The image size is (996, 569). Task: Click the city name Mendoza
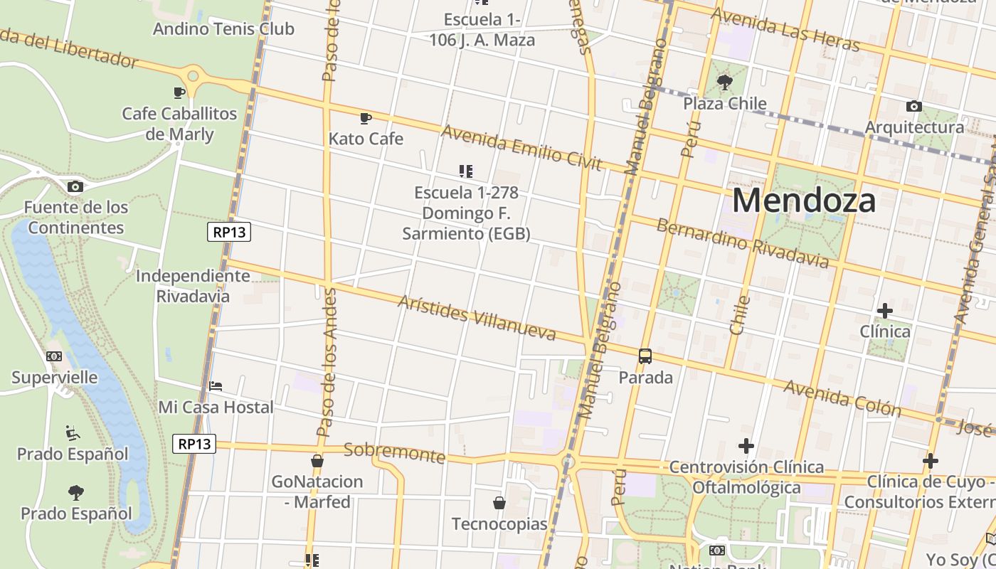point(803,201)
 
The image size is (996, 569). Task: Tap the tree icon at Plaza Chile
point(725,82)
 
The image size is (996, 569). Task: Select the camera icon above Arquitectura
point(914,106)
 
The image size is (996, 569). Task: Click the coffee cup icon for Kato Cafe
point(366,117)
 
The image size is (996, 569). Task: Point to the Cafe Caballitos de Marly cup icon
point(179,92)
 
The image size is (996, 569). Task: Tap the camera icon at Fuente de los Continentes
point(75,186)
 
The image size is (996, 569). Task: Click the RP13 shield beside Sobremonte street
point(194,444)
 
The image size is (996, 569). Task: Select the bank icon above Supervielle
point(54,356)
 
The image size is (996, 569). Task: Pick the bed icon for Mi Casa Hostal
point(216,386)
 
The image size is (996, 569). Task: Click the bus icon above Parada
point(645,356)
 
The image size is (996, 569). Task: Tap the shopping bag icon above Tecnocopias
point(499,503)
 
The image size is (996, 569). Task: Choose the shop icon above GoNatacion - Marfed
point(317,461)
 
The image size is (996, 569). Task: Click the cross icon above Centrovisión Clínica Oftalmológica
point(746,446)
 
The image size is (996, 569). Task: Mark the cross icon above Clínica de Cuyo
point(930,461)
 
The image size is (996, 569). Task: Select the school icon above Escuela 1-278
point(466,171)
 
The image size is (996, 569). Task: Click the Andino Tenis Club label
point(223,29)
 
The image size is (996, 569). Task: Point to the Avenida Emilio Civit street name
point(521,148)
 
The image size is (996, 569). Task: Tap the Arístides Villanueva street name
point(477,317)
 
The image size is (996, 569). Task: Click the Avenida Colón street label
point(842,398)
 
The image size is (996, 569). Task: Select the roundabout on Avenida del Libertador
point(192,75)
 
